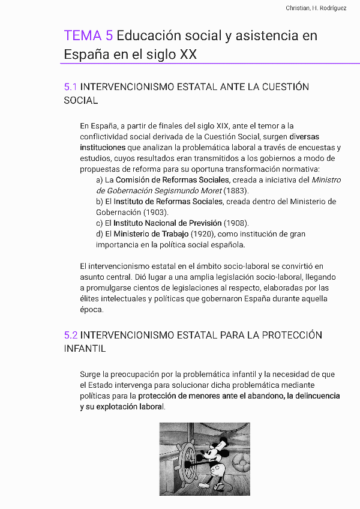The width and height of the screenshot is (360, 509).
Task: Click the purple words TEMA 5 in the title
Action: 88,36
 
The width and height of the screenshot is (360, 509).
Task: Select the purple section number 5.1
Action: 70,87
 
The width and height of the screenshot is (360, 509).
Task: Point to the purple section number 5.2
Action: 71,335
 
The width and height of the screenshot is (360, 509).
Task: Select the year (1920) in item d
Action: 204,233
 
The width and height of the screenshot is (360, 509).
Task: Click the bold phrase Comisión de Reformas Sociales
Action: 173,179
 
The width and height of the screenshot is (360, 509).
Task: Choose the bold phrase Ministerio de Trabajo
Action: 151,233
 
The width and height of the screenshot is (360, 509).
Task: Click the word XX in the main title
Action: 188,55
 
